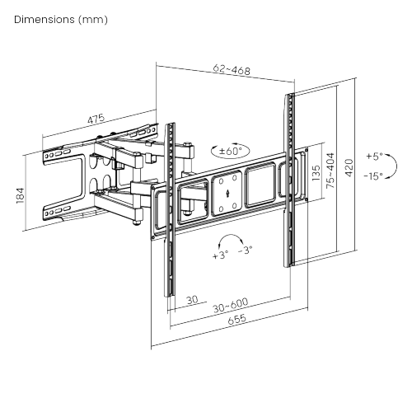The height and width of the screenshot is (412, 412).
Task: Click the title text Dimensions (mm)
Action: click(61, 20)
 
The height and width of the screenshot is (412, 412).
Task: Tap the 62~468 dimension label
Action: click(232, 70)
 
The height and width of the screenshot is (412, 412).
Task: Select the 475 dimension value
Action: click(96, 119)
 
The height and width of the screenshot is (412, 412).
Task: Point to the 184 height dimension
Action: click(21, 195)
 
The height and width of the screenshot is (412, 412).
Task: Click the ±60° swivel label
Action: click(231, 151)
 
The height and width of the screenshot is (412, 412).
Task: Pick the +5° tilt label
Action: click(374, 157)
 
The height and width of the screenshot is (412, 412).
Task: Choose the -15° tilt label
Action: click(373, 176)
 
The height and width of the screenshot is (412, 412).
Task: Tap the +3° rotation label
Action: click(220, 255)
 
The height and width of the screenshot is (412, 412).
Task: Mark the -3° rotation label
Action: click(245, 250)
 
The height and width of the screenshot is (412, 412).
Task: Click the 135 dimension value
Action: click(316, 173)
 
